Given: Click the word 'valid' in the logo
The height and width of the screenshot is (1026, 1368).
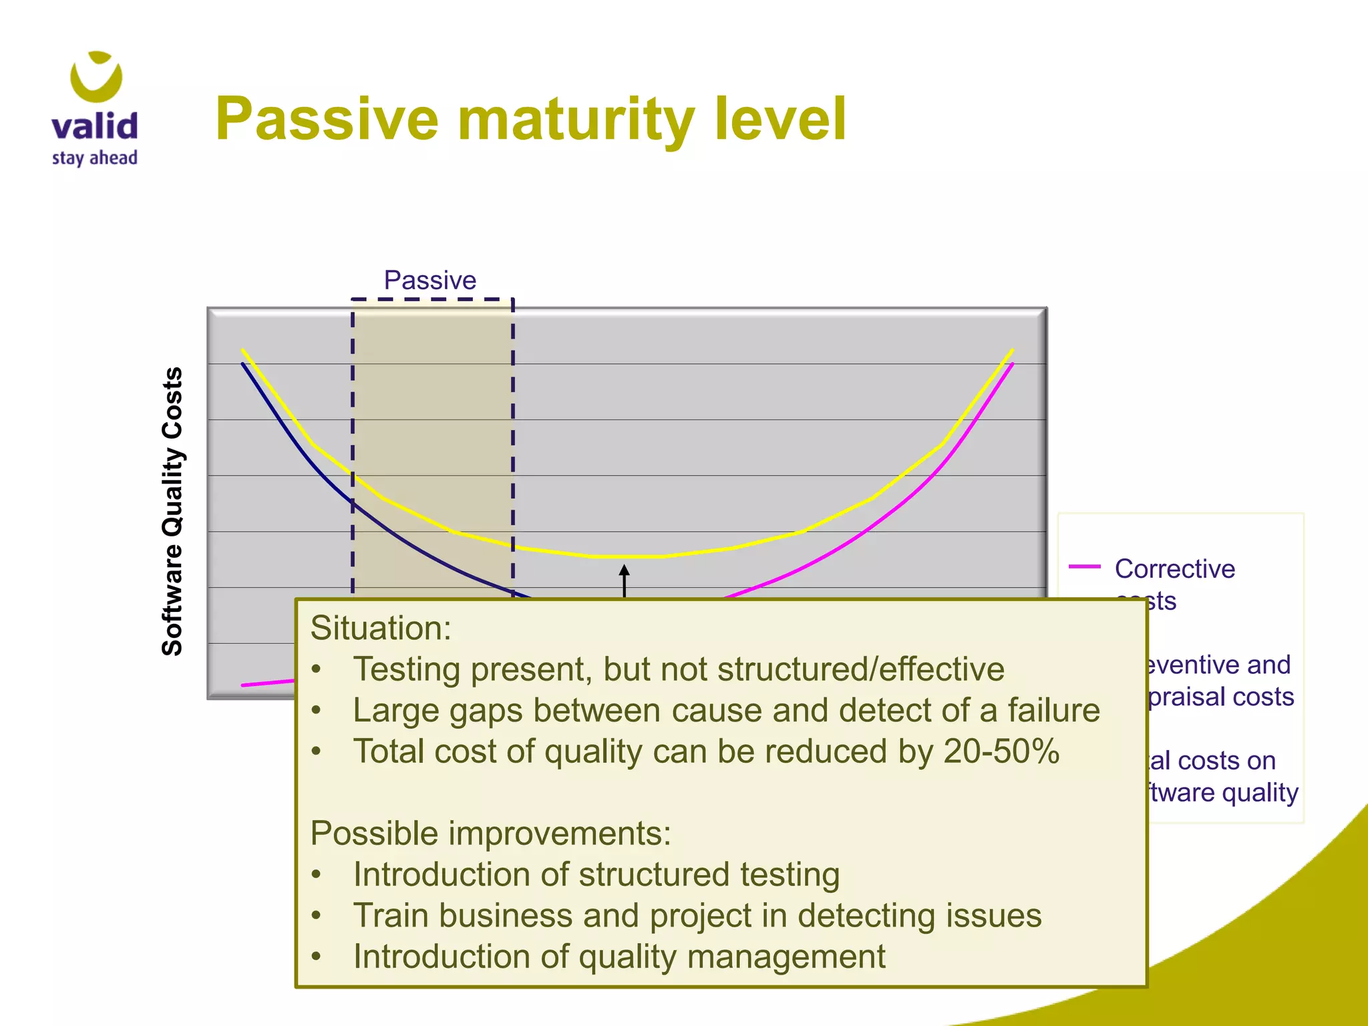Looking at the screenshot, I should [x=94, y=126].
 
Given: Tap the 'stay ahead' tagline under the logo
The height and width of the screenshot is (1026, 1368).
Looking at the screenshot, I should [x=94, y=158].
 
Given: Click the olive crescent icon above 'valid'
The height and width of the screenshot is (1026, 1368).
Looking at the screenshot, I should [x=96, y=77].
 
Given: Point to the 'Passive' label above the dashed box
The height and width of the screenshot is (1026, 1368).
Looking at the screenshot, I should [x=430, y=281].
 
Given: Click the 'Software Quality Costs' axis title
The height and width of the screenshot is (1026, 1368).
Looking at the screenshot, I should [x=172, y=511].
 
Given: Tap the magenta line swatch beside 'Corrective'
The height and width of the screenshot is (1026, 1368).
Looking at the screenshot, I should [x=1084, y=566].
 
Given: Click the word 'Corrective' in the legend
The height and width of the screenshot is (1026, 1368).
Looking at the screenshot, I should [x=1174, y=569].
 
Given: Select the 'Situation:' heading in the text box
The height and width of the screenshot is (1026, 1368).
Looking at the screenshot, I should [x=381, y=629].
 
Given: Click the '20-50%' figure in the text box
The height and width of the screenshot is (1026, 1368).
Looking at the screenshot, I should [x=1001, y=751].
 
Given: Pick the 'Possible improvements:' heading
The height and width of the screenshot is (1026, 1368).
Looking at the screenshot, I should [x=490, y=834].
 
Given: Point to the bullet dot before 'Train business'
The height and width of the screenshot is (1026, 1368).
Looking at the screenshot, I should [x=317, y=915].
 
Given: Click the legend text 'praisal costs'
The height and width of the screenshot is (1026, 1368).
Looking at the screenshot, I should [x=1220, y=697].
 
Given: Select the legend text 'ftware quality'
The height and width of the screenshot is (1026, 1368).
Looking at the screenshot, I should [x=1222, y=792].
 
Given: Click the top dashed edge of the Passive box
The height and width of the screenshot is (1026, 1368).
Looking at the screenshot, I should [x=432, y=299].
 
